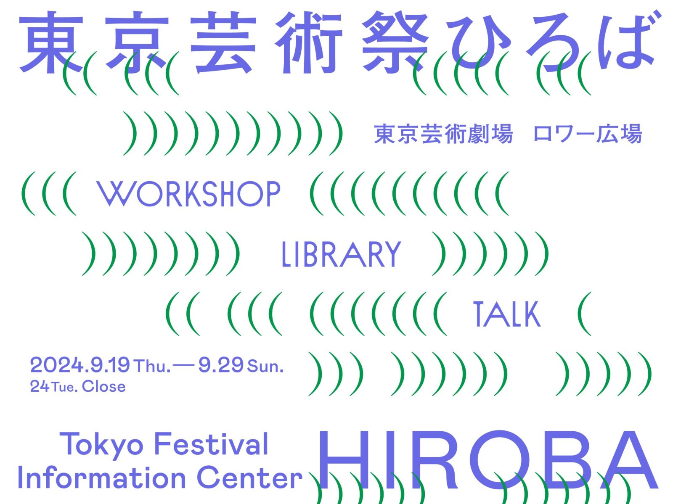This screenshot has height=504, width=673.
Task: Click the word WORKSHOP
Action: click(188, 194)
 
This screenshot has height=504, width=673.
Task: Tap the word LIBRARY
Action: click(341, 254)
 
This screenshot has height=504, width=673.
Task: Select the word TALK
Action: click(507, 314)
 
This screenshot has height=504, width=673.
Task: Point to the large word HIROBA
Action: click(487, 459)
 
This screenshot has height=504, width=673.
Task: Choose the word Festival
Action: click(211, 443)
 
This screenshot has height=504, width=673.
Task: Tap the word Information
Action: click(102, 478)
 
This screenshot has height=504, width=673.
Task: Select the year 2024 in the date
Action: click(57, 365)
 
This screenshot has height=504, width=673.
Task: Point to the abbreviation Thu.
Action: click(152, 366)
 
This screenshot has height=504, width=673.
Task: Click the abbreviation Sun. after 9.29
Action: click(265, 366)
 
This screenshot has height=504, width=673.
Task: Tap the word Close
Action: click(104, 387)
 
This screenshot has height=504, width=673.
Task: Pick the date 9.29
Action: click(221, 365)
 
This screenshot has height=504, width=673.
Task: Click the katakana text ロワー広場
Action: click(588, 134)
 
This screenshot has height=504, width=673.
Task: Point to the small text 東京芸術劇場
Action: click(443, 134)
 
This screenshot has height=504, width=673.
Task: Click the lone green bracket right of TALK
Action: click(584, 314)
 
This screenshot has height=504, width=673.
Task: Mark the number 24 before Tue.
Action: click(40, 387)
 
